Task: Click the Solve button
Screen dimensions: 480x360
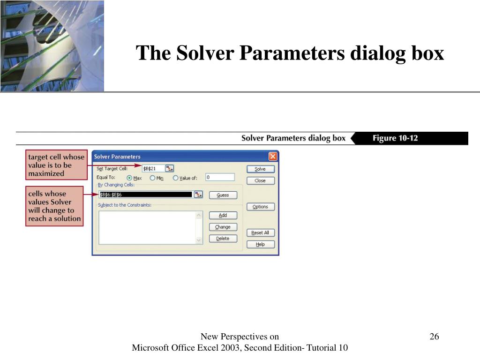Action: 261,169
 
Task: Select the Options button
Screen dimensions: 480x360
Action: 261,207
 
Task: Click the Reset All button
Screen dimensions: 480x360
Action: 261,232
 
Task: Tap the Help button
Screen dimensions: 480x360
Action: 261,244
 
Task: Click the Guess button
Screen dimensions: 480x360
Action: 223,195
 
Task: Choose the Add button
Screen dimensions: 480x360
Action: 223,215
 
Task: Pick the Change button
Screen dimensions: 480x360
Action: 223,227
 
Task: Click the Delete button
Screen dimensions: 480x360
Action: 223,239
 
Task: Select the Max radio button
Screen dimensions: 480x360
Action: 129,178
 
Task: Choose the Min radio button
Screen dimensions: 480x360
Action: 152,178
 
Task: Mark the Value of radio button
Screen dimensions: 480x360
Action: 175,178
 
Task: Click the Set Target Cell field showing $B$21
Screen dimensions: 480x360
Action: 153,168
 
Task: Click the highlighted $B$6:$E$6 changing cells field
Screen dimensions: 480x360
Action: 146,195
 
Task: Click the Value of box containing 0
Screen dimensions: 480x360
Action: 220,177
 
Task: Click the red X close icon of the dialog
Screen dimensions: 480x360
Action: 273,157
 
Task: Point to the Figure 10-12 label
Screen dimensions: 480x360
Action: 395,138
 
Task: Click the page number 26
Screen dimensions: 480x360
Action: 434,337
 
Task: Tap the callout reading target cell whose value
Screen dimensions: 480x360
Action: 56,165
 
